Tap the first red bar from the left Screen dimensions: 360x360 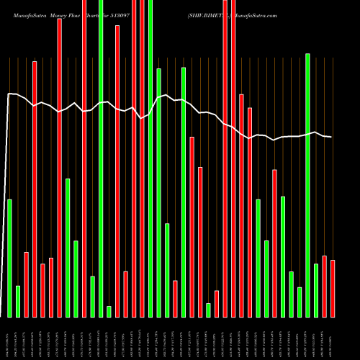coord(26,284)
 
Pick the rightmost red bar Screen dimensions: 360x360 coord(333,288)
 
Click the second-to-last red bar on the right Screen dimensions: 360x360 coord(324,286)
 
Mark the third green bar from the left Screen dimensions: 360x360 coord(68,248)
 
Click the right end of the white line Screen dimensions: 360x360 coord(331,137)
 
